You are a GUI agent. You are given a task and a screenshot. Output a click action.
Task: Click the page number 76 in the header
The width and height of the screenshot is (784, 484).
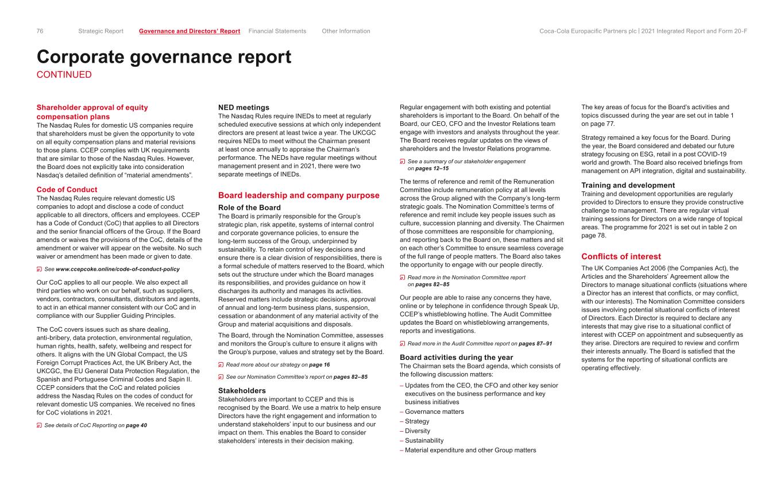tap(40, 31)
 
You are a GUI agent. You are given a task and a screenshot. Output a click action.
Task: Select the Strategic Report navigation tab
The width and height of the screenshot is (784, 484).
tap(101, 31)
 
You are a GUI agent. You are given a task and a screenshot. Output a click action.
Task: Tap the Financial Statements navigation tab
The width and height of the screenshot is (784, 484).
tap(277, 31)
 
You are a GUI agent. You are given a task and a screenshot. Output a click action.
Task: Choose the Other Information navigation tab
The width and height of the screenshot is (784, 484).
tap(346, 31)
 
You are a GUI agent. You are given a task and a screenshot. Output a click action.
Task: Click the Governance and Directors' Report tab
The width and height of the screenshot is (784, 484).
tap(190, 31)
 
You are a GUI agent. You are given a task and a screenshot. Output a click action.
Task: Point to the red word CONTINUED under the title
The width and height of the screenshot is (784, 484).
tap(64, 75)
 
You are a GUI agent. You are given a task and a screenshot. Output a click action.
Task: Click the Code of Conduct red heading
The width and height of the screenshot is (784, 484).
tap(67, 190)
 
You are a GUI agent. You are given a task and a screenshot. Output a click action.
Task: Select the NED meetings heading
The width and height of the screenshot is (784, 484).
tap(244, 107)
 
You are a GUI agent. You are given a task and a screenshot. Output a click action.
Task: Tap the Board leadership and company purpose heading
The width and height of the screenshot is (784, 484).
tap(299, 195)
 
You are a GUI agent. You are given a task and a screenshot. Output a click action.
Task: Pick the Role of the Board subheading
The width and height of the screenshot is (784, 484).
tap(249, 208)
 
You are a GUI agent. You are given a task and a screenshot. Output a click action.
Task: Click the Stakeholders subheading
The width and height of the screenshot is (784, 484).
tap(242, 390)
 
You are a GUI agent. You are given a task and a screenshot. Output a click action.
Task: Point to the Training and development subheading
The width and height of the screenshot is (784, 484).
tap(628, 185)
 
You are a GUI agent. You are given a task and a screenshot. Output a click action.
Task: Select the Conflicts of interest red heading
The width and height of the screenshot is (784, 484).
tap(621, 256)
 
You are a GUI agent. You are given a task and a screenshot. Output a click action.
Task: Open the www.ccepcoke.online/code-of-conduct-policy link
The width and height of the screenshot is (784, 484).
tap(117, 269)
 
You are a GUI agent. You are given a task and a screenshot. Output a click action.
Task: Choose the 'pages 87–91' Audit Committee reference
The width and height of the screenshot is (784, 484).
tap(535, 344)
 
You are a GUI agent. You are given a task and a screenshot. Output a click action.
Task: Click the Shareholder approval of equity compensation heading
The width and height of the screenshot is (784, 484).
tap(92, 112)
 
